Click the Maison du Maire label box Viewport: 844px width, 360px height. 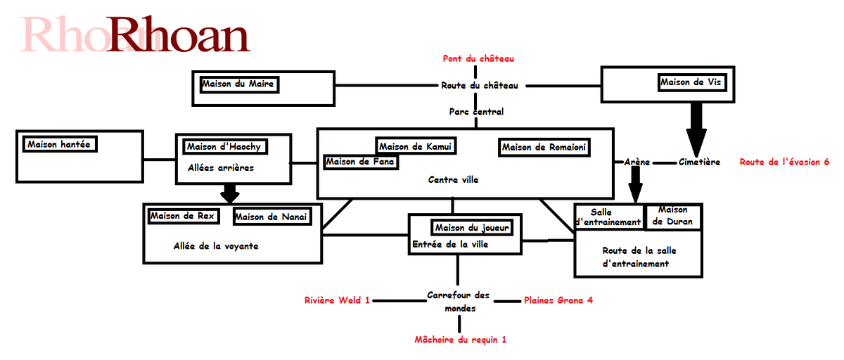(238, 84)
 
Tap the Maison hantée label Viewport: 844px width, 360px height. (60, 145)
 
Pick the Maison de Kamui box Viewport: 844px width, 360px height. (415, 146)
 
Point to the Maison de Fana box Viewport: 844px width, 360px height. (360, 162)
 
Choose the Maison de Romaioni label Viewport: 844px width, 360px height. (543, 147)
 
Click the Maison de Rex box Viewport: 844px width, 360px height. (182, 216)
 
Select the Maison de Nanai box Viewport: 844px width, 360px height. (271, 217)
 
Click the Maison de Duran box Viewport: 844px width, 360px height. (672, 216)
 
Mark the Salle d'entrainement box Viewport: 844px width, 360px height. (609, 217)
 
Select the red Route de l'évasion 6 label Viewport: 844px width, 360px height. (784, 162)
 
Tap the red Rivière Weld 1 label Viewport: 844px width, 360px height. (337, 300)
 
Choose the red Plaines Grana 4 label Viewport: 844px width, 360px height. (558, 300)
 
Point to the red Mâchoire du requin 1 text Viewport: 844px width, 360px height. (460, 340)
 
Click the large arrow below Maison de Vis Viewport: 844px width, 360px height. (696, 127)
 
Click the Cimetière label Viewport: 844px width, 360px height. (699, 162)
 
